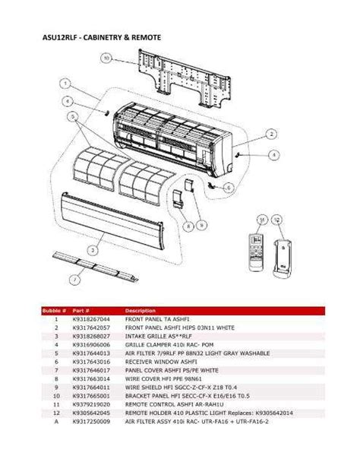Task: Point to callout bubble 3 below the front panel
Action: pyautogui.click(x=92, y=248)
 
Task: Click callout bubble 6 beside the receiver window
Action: pyautogui.click(x=229, y=186)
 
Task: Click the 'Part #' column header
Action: pyautogui.click(x=81, y=311)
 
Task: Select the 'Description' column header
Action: pyautogui.click(x=141, y=311)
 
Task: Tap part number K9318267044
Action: pyautogui.click(x=90, y=319)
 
